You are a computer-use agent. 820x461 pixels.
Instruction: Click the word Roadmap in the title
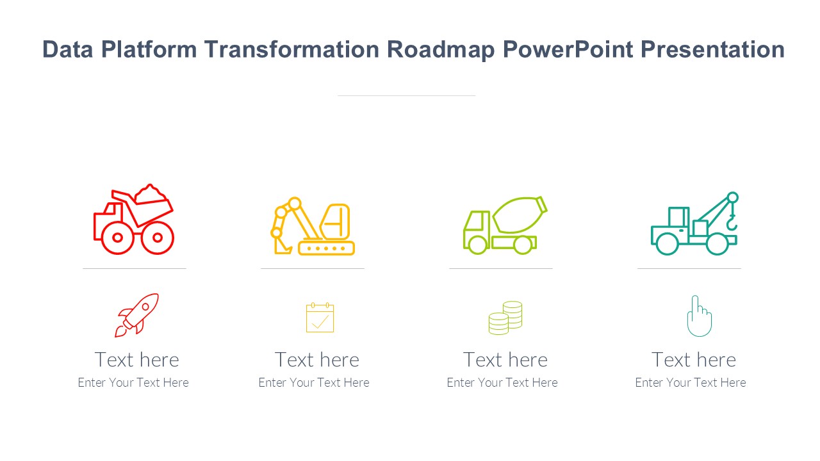441,50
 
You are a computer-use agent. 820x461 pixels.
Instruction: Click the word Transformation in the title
291,49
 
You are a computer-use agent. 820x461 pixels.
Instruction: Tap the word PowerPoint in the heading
568,49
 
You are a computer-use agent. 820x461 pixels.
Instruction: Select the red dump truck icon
134,219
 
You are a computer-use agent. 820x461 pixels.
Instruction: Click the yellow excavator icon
312,226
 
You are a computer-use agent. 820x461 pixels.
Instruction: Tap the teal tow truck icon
694,223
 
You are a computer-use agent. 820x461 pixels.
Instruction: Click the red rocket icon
136,315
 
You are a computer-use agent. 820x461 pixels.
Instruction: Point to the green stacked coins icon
505,318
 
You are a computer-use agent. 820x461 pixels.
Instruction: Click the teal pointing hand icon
699,316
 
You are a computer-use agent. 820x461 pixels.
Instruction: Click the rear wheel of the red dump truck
117,238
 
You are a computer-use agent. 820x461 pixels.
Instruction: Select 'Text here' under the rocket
137,360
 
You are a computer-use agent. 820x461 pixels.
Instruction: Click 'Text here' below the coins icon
505,360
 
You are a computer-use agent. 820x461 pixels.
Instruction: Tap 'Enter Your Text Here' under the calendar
314,383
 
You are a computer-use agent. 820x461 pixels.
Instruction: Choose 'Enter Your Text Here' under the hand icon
691,383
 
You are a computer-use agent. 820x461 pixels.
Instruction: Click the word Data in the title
68,49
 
